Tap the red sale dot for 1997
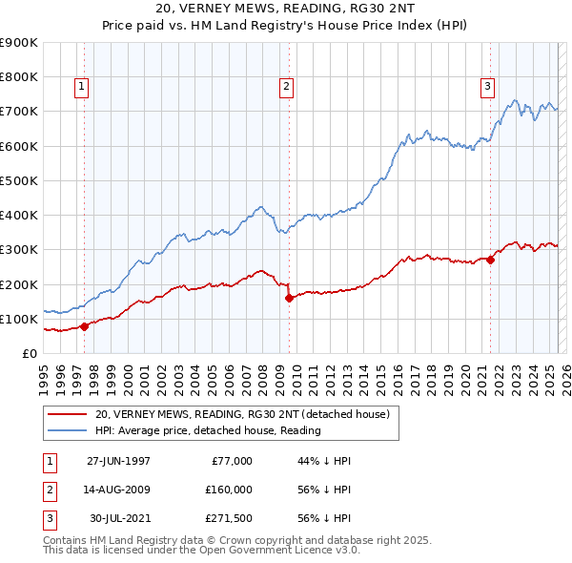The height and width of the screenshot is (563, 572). click(84, 326)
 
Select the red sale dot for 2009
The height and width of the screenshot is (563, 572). click(289, 298)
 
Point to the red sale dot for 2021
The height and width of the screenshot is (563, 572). click(491, 259)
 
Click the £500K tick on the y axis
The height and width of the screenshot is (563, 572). click(21, 180)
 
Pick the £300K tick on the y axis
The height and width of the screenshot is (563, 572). click(21, 250)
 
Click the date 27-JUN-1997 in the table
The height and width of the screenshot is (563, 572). click(118, 461)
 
